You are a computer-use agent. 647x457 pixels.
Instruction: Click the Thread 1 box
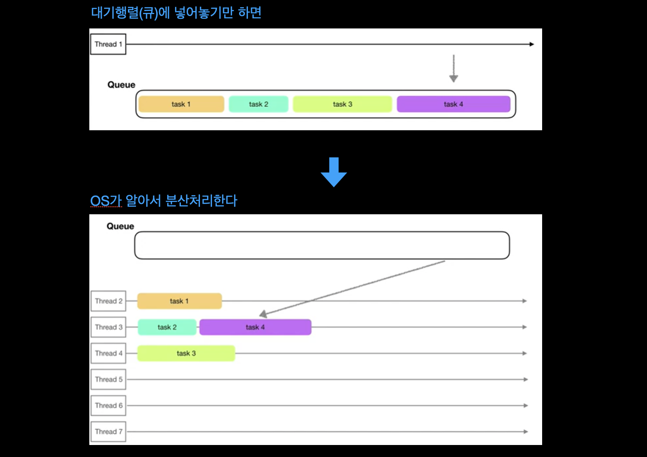(x=108, y=44)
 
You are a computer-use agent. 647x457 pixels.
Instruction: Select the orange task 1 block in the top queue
(x=181, y=104)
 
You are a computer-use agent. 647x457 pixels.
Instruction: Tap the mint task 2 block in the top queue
(x=258, y=104)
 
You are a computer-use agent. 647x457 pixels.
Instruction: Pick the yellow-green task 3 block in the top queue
(x=342, y=104)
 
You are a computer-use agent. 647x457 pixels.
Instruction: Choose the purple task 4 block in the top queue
(x=453, y=104)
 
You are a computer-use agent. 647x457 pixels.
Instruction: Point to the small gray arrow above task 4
(x=453, y=69)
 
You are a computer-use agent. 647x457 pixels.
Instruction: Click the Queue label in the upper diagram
(x=121, y=85)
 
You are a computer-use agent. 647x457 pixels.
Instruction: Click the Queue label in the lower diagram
(x=120, y=226)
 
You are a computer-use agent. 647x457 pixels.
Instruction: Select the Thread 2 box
(x=108, y=301)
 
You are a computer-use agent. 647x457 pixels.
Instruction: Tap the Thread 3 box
(x=108, y=327)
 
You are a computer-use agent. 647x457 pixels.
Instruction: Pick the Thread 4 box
(x=108, y=353)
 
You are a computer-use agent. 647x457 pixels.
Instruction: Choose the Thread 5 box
(x=108, y=379)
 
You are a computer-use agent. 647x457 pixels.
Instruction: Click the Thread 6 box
(x=108, y=405)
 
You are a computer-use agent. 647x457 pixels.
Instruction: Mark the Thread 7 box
(x=108, y=432)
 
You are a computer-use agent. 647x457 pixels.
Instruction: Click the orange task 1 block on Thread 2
(x=179, y=301)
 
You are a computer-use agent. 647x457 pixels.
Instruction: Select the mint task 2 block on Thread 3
(x=167, y=327)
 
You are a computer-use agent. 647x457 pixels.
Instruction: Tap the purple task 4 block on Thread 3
(x=255, y=327)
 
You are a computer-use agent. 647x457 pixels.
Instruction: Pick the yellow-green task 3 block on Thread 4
(x=186, y=353)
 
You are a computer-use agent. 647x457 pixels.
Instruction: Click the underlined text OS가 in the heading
(x=106, y=201)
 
